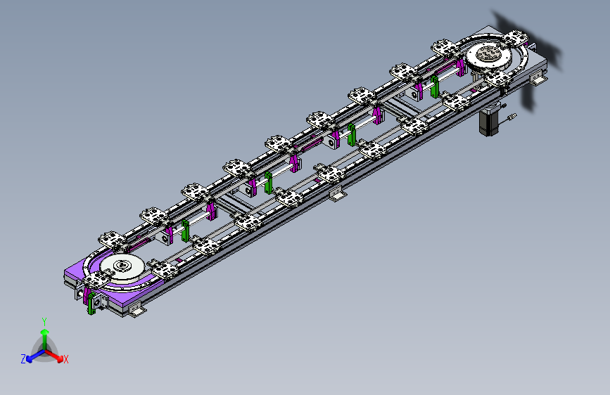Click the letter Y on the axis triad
pyautogui.click(x=44, y=322)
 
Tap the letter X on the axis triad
pyautogui.click(x=65, y=359)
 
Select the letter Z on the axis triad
pyautogui.click(x=23, y=359)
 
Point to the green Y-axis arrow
pyautogui.click(x=45, y=339)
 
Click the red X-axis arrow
pyautogui.click(x=54, y=356)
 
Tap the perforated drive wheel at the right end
pyautogui.click(x=488, y=56)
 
